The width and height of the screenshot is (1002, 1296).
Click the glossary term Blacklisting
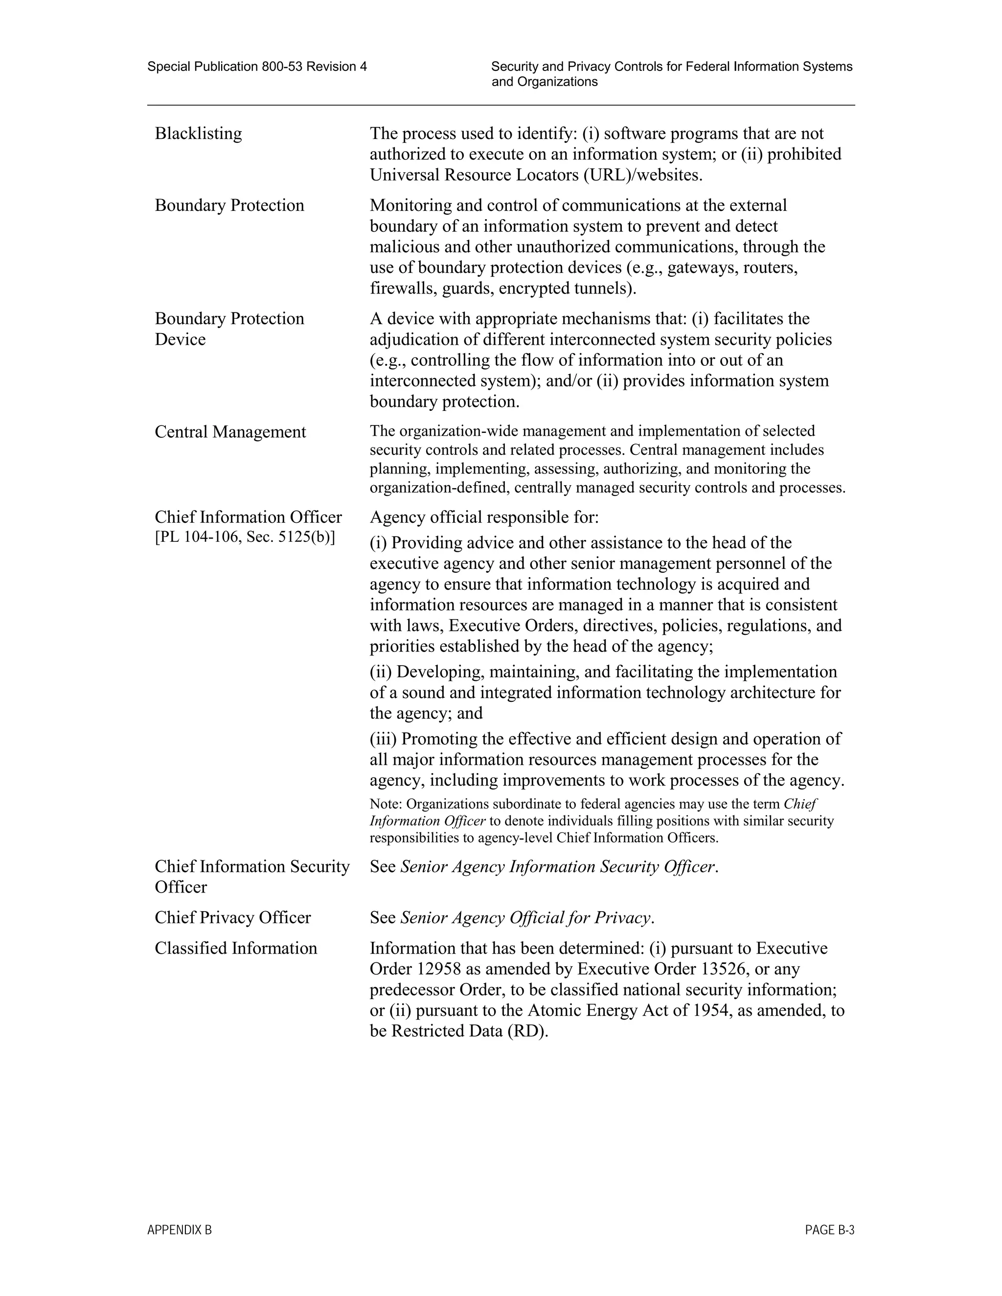click(x=198, y=134)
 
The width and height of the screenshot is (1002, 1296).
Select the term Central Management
click(x=230, y=432)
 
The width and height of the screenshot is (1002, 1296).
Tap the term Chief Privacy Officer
click(x=233, y=917)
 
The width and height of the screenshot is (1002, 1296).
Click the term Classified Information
click(x=236, y=948)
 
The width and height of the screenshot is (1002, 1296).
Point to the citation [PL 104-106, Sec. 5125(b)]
click(x=245, y=537)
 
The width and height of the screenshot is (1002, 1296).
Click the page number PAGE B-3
click(x=829, y=1230)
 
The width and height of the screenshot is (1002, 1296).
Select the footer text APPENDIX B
click(x=179, y=1230)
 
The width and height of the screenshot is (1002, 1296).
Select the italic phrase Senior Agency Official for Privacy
click(x=526, y=917)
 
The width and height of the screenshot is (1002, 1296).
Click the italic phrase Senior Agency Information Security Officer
click(x=558, y=867)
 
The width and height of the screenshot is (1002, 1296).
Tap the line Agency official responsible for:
click(x=484, y=517)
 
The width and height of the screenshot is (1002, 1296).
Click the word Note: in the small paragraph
click(x=386, y=804)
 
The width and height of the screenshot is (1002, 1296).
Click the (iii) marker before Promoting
click(x=384, y=739)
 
